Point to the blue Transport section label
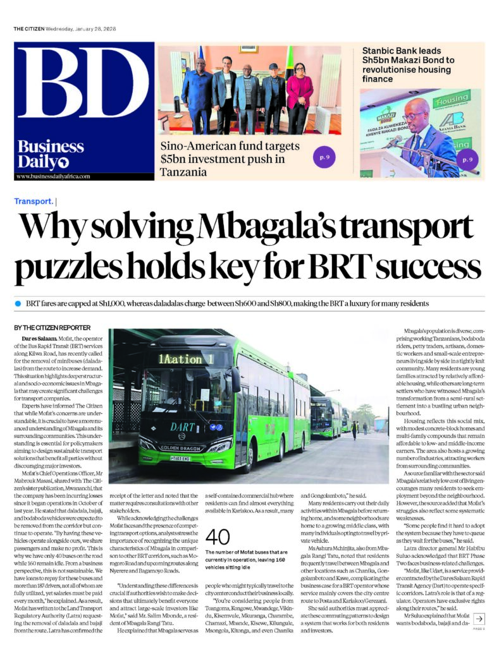[x=34, y=201]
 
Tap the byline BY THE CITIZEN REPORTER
[x=52, y=327]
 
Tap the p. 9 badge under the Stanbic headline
[x=467, y=160]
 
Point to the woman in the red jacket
[x=299, y=95]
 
